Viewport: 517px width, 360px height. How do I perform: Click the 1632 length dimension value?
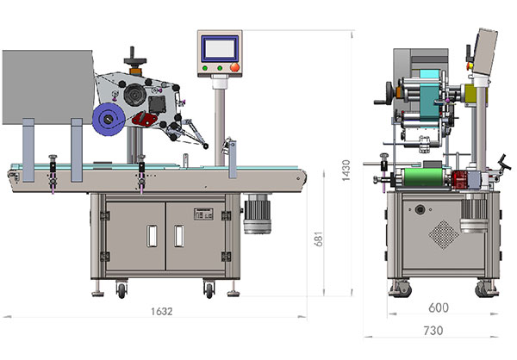162,311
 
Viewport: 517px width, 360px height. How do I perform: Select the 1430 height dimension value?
346,171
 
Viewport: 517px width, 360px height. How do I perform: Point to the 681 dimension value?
319,239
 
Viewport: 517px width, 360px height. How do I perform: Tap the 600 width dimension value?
439,307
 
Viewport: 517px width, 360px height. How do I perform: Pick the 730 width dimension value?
433,331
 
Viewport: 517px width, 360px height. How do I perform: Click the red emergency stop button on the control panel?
234,67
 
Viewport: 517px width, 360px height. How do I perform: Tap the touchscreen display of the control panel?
220,48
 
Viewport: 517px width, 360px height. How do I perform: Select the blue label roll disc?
109,120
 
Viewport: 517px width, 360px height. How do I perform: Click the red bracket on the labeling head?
145,119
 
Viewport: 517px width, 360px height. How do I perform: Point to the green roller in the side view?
424,177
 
